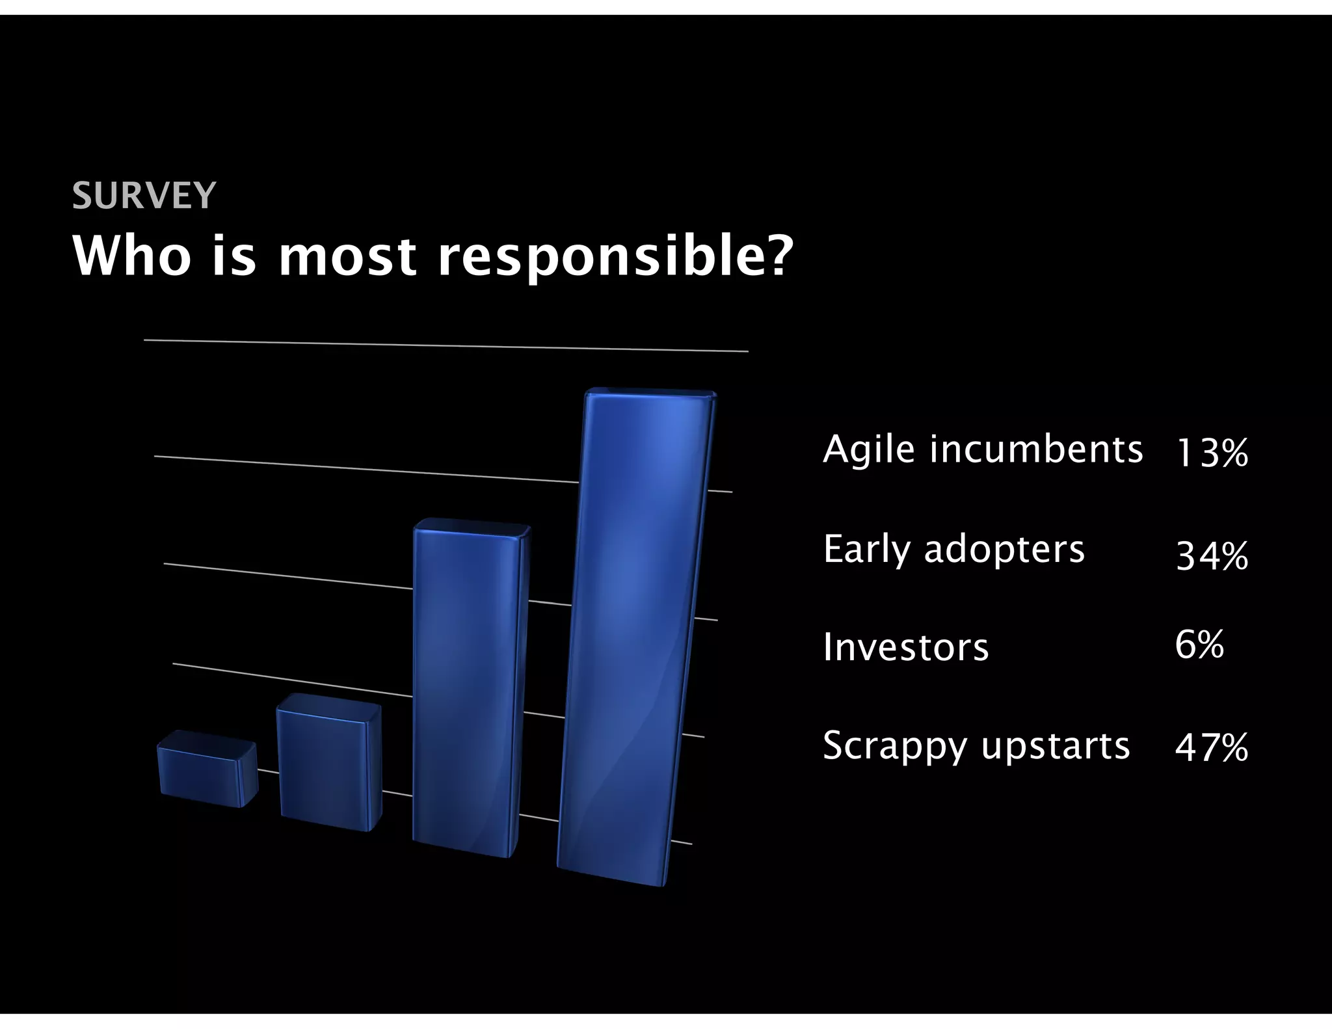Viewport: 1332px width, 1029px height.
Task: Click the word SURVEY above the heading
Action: pyautogui.click(x=143, y=195)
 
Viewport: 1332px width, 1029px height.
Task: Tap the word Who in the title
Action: pyautogui.click(x=132, y=256)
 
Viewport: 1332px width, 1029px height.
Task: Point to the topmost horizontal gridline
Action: pyautogui.click(x=446, y=345)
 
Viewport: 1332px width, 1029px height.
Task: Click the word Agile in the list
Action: pyautogui.click(x=868, y=450)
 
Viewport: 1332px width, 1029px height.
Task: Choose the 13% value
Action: pyautogui.click(x=1212, y=453)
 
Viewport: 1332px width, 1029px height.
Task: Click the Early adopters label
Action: pyautogui.click(x=953, y=550)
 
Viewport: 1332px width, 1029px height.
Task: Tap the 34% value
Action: pyautogui.click(x=1212, y=557)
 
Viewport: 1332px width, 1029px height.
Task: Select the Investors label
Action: pyautogui.click(x=905, y=648)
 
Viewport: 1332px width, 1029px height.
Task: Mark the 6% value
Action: pyautogui.click(x=1199, y=645)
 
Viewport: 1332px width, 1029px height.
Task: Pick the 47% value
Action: pyautogui.click(x=1211, y=748)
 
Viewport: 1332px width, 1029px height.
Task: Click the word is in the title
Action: pyautogui.click(x=233, y=256)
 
